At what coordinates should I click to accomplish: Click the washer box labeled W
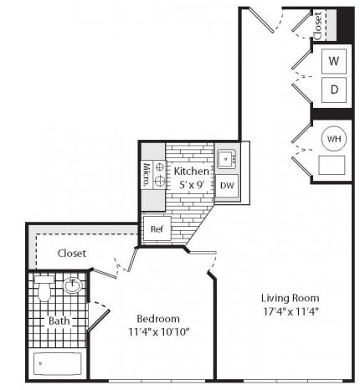[x=334, y=61]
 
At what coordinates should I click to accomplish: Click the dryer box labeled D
[x=334, y=90]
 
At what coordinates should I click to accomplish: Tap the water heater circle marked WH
[x=334, y=139]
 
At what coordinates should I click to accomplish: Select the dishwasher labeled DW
[x=227, y=186]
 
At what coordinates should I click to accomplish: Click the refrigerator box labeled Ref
[x=157, y=228]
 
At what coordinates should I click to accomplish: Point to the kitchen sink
[x=226, y=159]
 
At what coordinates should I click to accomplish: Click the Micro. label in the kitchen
[x=147, y=175]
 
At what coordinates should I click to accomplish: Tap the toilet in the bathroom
[x=44, y=289]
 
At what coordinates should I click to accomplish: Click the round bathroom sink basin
[x=72, y=285]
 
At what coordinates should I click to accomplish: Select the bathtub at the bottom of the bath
[x=58, y=364]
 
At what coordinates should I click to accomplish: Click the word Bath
[x=59, y=321]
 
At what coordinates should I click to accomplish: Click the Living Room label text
[x=291, y=298]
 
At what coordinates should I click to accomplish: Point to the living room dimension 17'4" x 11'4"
[x=291, y=311]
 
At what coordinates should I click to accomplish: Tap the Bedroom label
[x=158, y=319]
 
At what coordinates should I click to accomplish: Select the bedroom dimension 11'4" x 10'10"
[x=159, y=332]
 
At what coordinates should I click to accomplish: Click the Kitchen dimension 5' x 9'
[x=193, y=184]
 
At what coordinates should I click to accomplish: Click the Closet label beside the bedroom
[x=72, y=254]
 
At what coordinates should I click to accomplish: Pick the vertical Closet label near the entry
[x=318, y=26]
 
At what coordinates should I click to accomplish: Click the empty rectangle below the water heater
[x=332, y=165]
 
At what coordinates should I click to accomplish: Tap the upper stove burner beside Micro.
[x=160, y=167]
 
